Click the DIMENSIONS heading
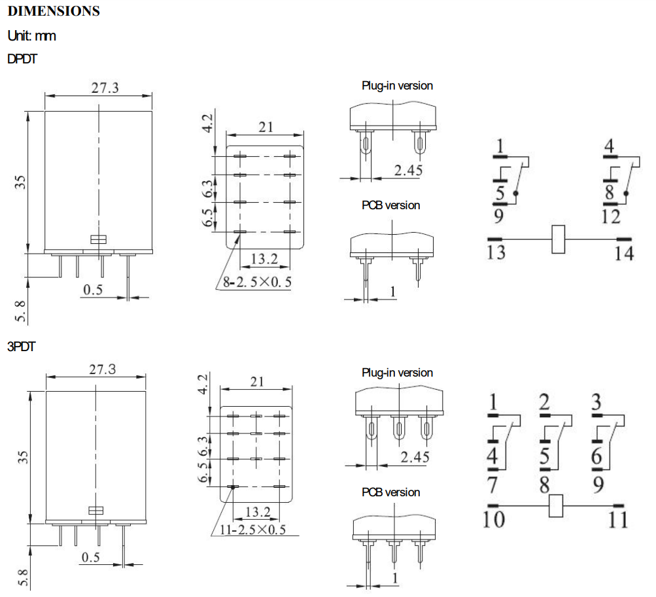(54, 11)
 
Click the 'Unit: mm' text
(32, 35)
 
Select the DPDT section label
(22, 59)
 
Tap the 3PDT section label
(22, 347)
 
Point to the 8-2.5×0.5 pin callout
(257, 282)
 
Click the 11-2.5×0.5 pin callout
(252, 530)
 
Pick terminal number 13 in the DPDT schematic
(496, 252)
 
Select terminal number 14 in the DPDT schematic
(624, 254)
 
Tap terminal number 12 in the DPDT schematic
(610, 216)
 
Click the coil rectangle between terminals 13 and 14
(558, 239)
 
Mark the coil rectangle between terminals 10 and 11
(555, 506)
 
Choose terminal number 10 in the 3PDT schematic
(494, 519)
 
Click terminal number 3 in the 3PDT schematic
(596, 401)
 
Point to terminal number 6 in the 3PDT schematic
(596, 456)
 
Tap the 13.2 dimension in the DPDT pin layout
(264, 258)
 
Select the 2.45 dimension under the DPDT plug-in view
(408, 170)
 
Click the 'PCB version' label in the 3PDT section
(390, 492)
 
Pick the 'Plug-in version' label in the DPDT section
(397, 86)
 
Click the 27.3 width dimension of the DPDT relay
(105, 88)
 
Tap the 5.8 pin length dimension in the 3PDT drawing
(23, 578)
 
